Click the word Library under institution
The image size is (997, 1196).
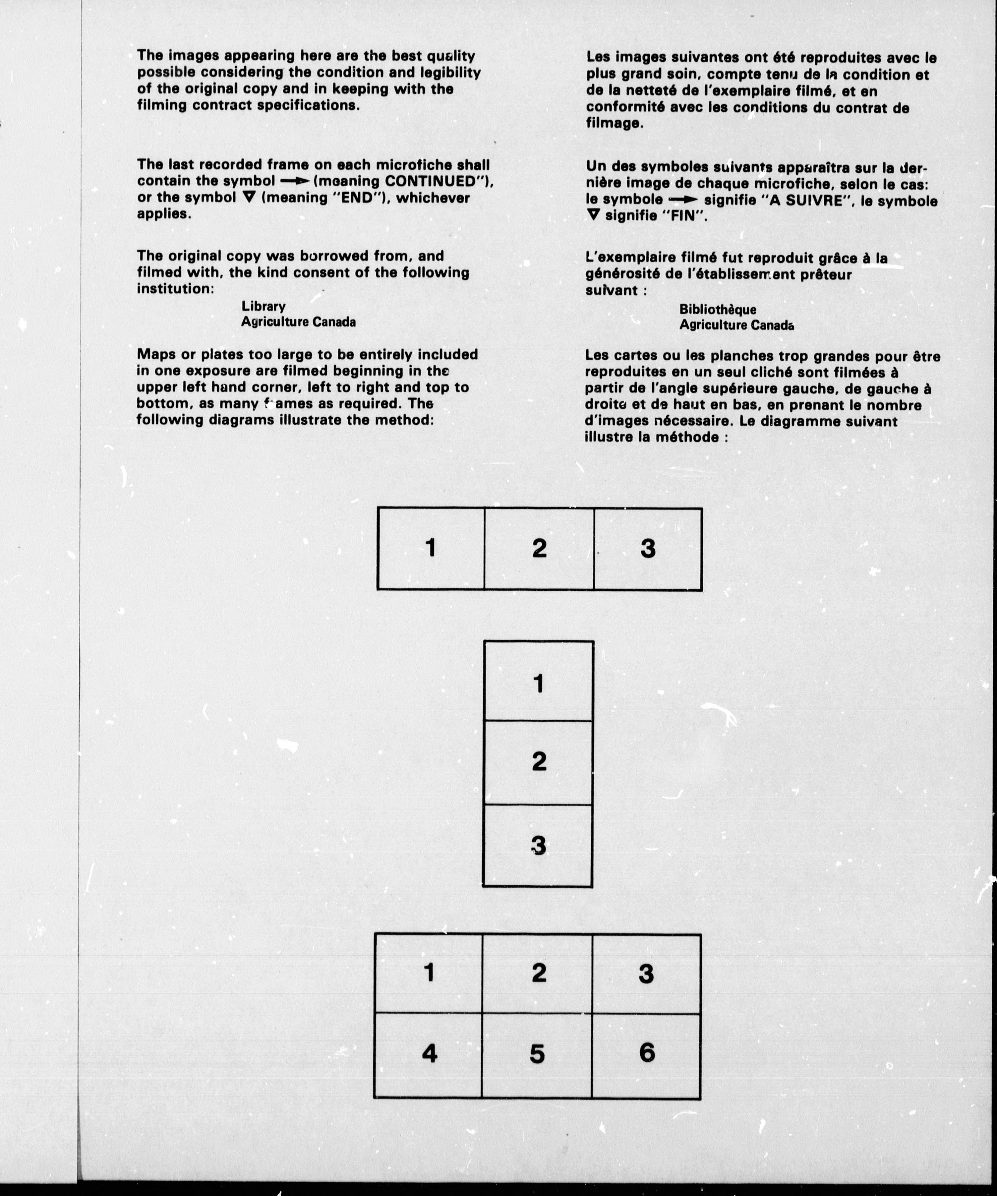tap(264, 306)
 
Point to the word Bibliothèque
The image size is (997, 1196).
tap(718, 310)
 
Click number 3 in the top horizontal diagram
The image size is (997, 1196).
tap(648, 549)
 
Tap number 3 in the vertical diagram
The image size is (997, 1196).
tap(538, 846)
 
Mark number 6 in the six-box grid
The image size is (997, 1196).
tap(647, 1052)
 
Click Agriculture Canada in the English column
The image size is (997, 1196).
tap(298, 322)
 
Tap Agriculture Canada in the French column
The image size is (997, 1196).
tap(737, 325)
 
